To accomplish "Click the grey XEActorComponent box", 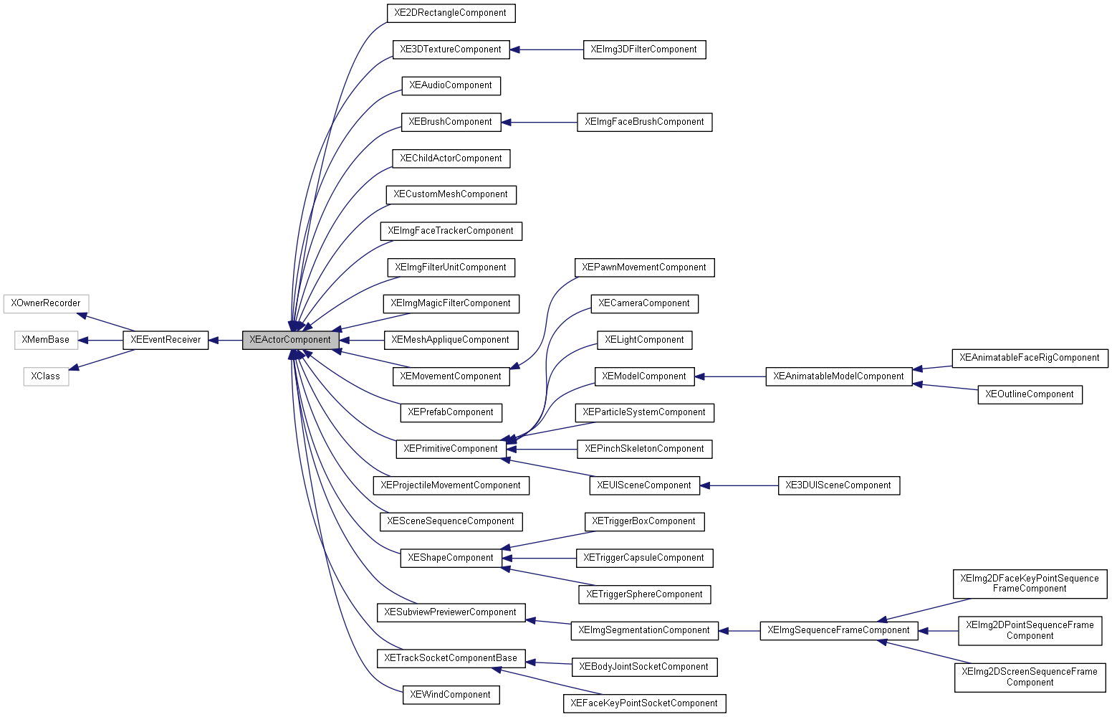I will click(290, 340).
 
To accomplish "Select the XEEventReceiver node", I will click(166, 340).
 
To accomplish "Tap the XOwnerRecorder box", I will click(46, 303).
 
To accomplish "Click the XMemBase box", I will click(46, 340).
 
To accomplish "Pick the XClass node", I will click(46, 376).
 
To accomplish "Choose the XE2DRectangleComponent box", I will click(450, 13).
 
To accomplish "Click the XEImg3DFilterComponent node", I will click(644, 49).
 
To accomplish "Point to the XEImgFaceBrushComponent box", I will click(644, 122).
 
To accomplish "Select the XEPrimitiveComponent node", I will click(450, 449).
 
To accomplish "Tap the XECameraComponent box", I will click(644, 303).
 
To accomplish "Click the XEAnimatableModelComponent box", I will click(838, 376).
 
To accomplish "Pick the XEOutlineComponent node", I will click(1029, 394).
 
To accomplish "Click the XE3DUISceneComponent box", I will click(838, 485).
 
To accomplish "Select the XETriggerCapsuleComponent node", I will click(644, 558).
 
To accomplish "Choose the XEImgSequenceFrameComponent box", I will click(838, 631).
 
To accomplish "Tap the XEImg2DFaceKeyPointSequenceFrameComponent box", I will click(1029, 584).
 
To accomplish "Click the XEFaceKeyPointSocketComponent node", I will click(644, 703).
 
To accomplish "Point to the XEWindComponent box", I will click(450, 695).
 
